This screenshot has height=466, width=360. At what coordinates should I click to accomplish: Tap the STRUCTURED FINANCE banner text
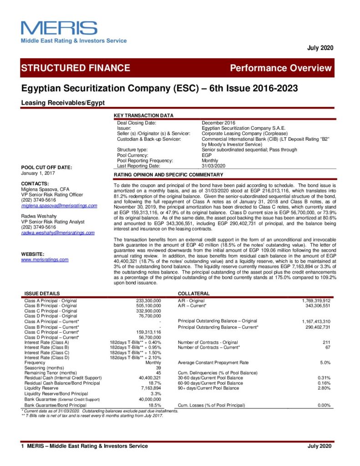(76, 68)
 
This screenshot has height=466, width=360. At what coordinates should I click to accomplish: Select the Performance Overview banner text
(281, 68)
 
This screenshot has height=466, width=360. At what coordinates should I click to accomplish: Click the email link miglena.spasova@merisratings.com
(59, 206)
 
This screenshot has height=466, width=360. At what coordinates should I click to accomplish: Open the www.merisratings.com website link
(45, 260)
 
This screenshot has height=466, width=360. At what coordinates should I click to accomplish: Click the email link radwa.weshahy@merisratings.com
(58, 233)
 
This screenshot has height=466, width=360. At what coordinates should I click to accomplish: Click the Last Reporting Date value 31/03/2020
(214, 166)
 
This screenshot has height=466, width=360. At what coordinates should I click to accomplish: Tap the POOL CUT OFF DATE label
(46, 167)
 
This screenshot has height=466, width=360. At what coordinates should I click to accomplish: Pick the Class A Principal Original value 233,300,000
(149, 301)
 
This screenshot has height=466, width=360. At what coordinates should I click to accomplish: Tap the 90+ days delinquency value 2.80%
(324, 388)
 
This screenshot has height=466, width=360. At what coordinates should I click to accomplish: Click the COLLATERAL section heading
(194, 294)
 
